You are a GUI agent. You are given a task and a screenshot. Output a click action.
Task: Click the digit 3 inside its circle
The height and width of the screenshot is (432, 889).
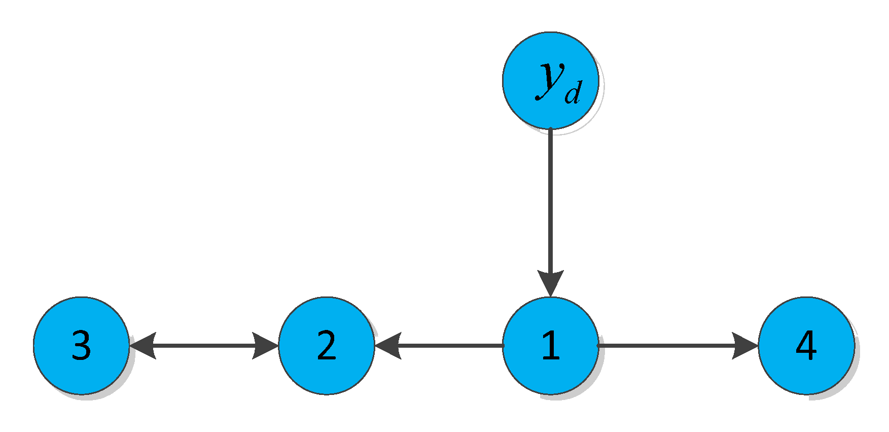[81, 346]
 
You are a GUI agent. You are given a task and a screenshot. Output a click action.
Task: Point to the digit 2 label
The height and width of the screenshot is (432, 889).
[327, 346]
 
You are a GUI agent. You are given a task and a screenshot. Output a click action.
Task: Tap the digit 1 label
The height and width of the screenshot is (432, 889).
[551, 346]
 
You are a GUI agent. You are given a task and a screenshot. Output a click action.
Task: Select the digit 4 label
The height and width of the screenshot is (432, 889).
[806, 346]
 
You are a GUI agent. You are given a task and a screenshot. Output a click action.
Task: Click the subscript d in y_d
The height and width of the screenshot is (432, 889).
[573, 95]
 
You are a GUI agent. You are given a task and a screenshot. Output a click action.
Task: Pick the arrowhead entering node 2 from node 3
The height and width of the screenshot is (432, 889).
[265, 346]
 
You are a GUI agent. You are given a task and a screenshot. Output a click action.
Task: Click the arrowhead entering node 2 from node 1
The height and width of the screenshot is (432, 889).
[388, 346]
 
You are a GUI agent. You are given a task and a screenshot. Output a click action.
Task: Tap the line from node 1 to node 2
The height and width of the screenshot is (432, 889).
[451, 346]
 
